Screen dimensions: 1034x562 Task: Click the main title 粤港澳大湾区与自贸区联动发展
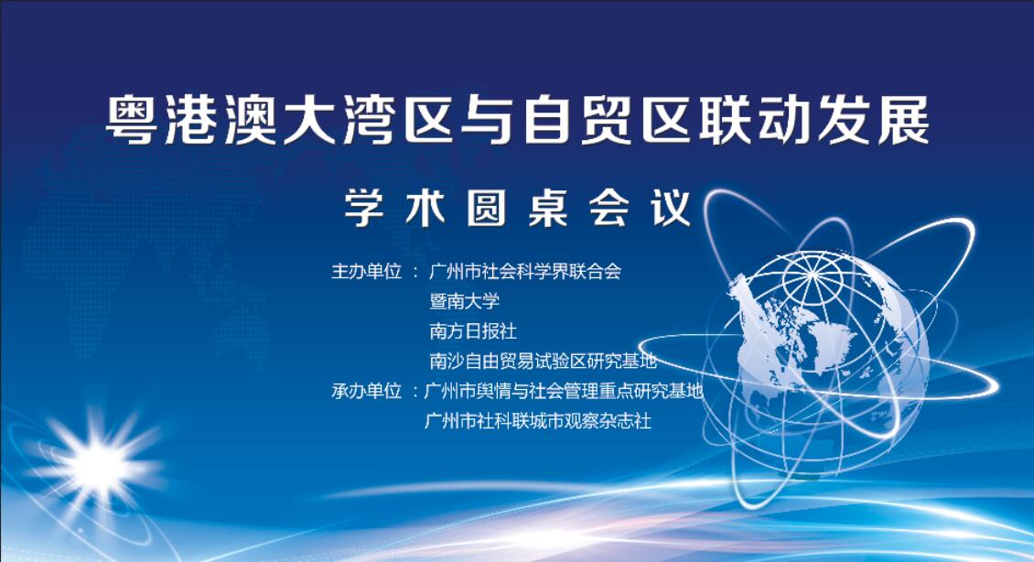tap(518, 120)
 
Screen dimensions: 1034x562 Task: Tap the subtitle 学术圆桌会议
tap(518, 209)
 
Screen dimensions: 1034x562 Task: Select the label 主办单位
tap(367, 271)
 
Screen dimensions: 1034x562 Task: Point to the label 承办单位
tap(367, 391)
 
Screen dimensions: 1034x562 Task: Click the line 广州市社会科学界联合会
tap(525, 271)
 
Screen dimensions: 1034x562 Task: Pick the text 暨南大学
tap(465, 301)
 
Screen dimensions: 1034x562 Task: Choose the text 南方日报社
tap(473, 331)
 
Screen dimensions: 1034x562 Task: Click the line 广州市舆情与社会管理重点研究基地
tap(564, 391)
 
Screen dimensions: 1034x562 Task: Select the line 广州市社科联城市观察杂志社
tap(538, 421)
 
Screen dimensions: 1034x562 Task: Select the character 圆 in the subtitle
tap(487, 209)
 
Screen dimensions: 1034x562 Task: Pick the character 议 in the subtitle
tap(672, 209)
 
